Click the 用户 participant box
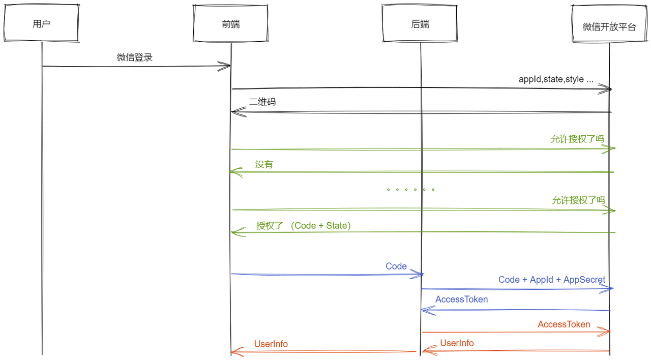(41, 24)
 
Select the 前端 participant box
(231, 24)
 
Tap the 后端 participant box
(420, 24)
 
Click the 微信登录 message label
(135, 57)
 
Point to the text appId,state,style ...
(556, 79)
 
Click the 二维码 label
(262, 102)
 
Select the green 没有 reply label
(264, 164)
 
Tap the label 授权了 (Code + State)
(304, 225)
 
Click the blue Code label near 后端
(396, 266)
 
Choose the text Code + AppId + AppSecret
(552, 280)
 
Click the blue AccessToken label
(461, 299)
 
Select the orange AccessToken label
(564, 324)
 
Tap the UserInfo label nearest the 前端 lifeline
(271, 344)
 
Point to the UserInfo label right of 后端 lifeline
(457, 343)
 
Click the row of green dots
(410, 190)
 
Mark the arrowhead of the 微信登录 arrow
(226, 66)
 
